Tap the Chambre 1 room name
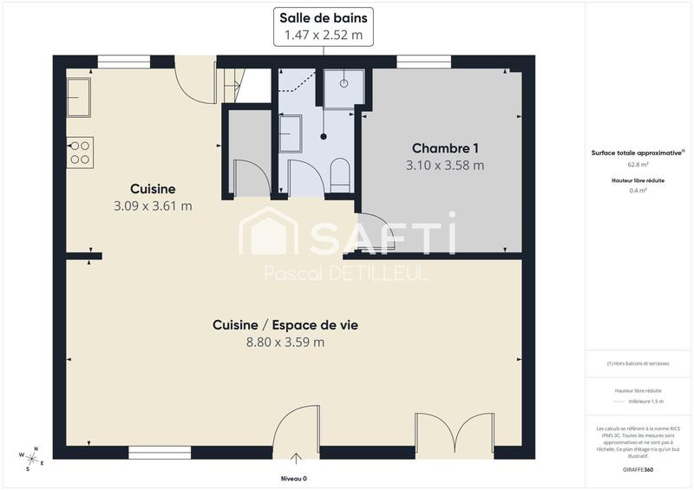[445, 147]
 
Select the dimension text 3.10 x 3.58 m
[445, 165]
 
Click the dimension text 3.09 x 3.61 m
[153, 206]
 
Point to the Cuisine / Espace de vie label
[285, 324]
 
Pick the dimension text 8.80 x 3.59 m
[285, 342]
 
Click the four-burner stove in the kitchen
[81, 153]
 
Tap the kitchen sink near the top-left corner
[79, 96]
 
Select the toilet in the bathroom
[339, 174]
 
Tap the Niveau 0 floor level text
[293, 479]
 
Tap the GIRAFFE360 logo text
[638, 469]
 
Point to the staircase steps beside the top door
[230, 84]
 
